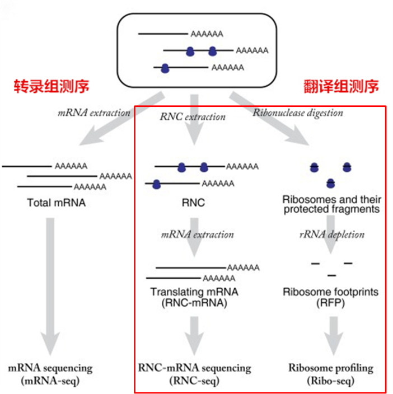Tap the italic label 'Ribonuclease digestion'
pyautogui.click(x=298, y=112)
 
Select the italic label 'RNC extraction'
pyautogui.click(x=193, y=117)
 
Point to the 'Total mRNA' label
pyautogui.click(x=56, y=203)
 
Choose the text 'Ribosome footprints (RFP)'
pyautogui.click(x=330, y=297)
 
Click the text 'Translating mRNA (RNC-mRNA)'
pyautogui.click(x=194, y=297)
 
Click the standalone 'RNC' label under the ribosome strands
pyautogui.click(x=193, y=203)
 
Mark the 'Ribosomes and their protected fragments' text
pyautogui.click(x=332, y=204)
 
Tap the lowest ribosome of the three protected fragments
pyautogui.click(x=330, y=182)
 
